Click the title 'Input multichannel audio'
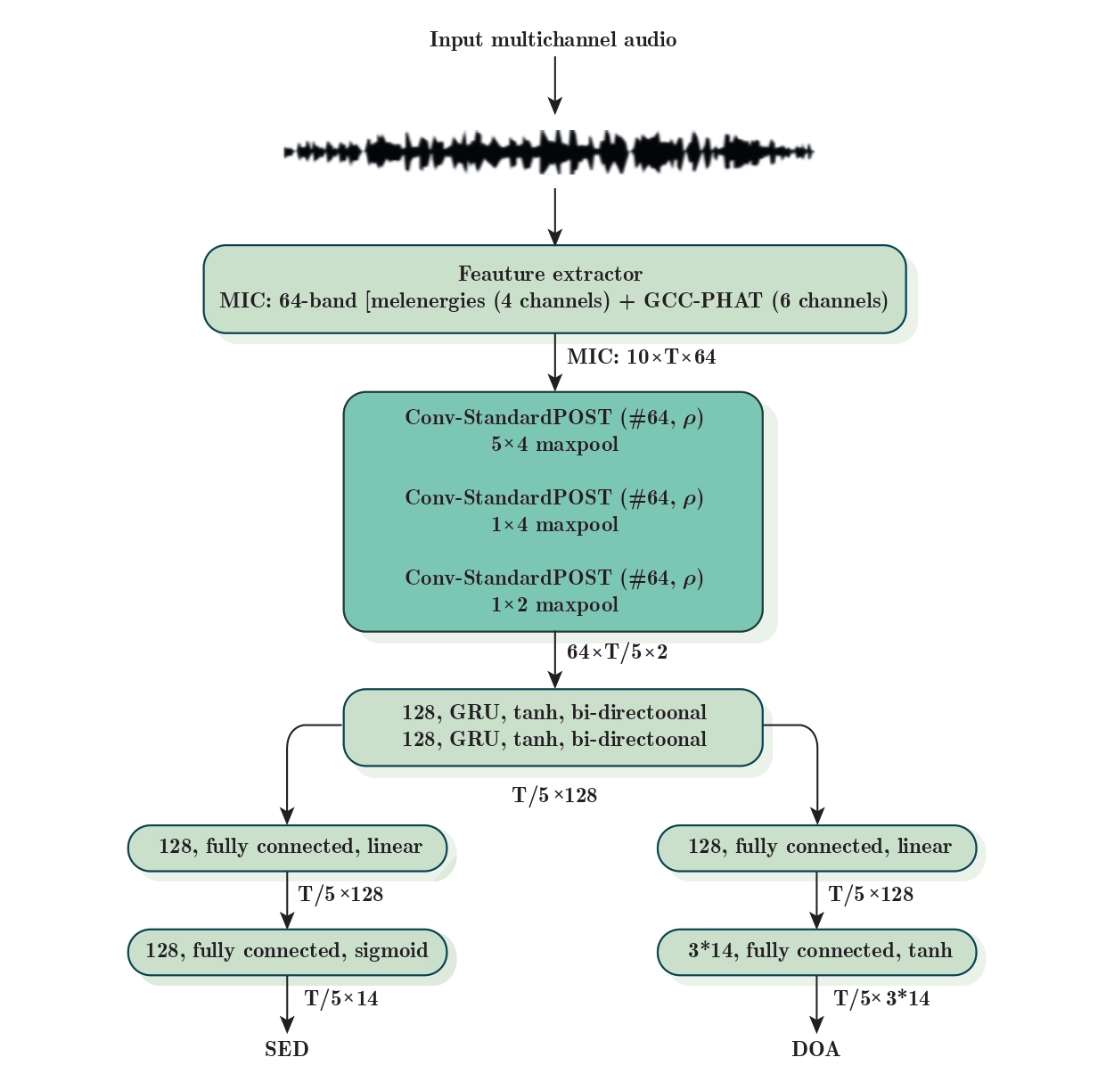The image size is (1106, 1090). [553, 40]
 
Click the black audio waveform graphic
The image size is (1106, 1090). [548, 152]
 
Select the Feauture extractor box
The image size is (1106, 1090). [553, 288]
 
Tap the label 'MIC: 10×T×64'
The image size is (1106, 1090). [641, 357]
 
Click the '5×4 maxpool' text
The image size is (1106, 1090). [554, 445]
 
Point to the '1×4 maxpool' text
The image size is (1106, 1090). [554, 525]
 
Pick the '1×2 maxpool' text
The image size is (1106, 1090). [554, 605]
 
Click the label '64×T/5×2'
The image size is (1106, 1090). [617, 652]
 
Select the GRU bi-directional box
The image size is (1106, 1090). [553, 726]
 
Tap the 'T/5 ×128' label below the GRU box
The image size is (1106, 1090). [554, 796]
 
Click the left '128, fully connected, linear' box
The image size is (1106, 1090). [287, 848]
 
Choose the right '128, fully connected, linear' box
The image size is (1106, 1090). [816, 848]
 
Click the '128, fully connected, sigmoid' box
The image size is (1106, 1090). [287, 951]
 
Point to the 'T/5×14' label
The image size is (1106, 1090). [341, 999]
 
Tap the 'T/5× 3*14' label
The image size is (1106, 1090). [881, 999]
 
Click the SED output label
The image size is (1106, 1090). [287, 1050]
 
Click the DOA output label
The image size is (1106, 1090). [815, 1050]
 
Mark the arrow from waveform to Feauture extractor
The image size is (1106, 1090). [554, 216]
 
